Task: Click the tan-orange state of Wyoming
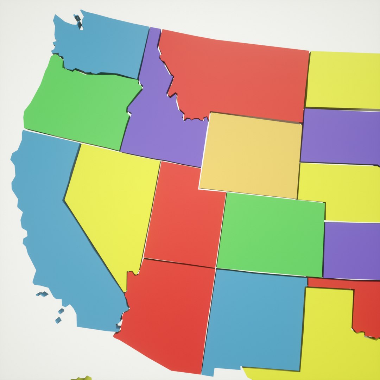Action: point(252,155)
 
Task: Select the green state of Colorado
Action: point(271,234)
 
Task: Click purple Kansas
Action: point(352,250)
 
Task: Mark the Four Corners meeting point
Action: point(215,268)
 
